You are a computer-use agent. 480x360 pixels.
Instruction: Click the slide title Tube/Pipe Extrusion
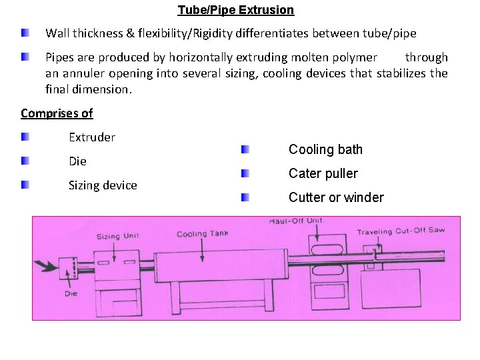click(235, 10)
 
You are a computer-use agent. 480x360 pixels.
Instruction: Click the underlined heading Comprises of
click(57, 113)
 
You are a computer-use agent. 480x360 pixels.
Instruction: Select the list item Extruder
click(92, 137)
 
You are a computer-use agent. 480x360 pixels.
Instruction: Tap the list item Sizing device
click(103, 185)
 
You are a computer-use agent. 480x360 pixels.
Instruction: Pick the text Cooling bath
click(325, 149)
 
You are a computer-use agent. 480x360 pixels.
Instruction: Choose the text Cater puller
click(323, 173)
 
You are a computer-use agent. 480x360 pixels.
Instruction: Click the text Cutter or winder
click(336, 197)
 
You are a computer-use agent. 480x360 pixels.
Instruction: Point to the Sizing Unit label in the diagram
click(117, 237)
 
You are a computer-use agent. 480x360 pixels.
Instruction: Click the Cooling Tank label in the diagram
click(202, 234)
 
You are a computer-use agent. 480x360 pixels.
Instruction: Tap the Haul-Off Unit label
click(295, 221)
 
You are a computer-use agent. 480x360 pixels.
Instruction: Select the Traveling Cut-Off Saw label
click(400, 231)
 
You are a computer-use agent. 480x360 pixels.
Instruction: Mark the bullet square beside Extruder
click(25, 137)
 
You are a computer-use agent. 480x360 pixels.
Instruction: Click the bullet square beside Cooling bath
click(245, 150)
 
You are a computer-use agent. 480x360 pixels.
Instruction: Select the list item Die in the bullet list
click(77, 161)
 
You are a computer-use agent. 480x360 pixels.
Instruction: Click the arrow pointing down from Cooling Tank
click(202, 250)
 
